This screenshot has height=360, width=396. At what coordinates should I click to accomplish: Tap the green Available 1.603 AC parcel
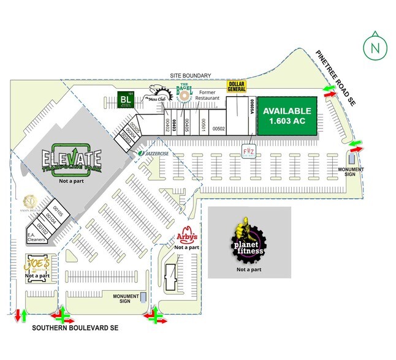(x=287, y=116)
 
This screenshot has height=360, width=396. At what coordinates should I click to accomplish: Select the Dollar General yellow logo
(x=237, y=87)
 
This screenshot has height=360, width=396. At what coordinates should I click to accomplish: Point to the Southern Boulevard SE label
(x=75, y=328)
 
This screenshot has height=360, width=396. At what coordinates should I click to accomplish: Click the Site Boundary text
(x=191, y=75)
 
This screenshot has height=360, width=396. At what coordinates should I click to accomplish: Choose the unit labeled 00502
(x=219, y=129)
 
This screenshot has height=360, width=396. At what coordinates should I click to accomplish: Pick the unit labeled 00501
(x=202, y=124)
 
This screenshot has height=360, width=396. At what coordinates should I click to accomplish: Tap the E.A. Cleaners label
(x=34, y=237)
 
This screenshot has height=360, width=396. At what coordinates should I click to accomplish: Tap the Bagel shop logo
(x=185, y=93)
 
